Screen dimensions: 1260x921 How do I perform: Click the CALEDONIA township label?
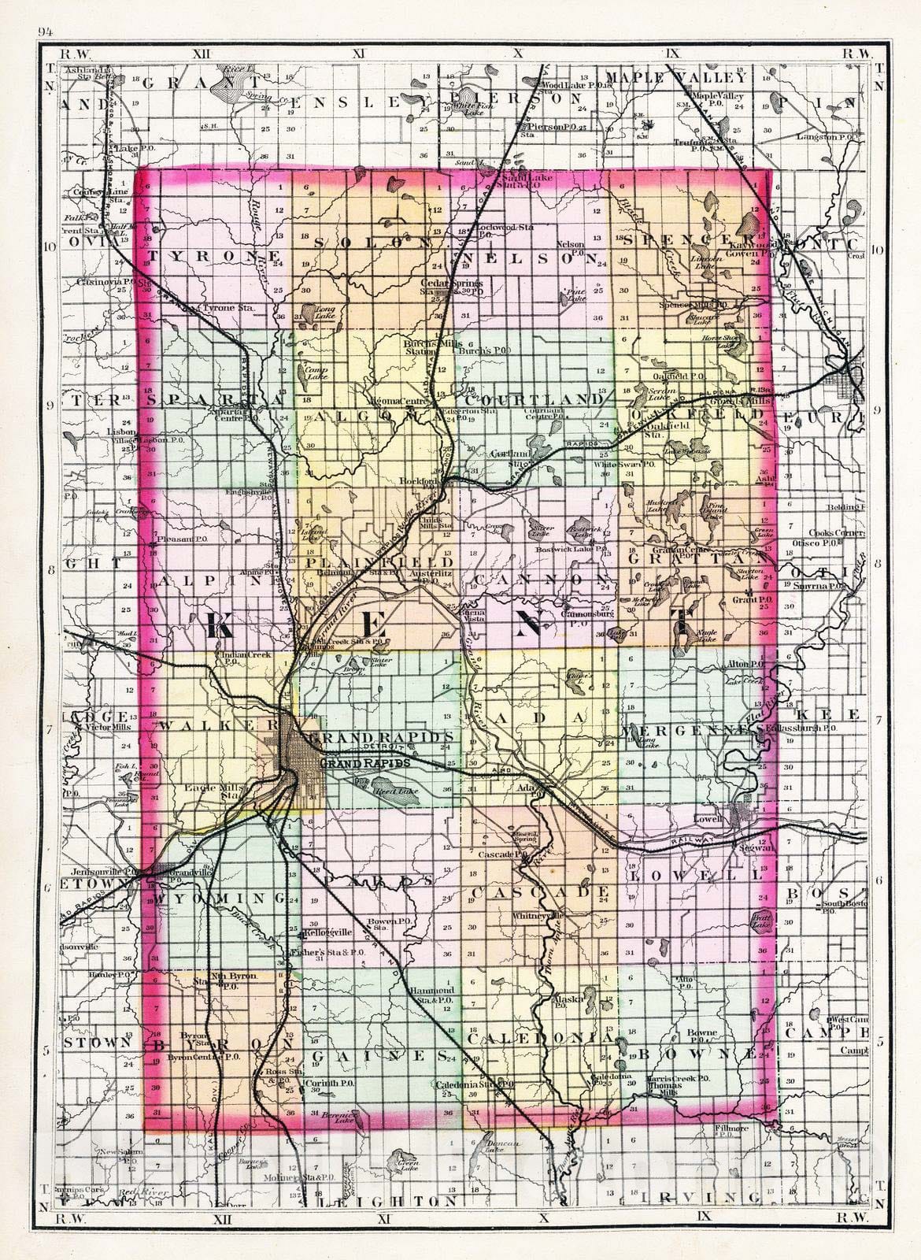point(539,1039)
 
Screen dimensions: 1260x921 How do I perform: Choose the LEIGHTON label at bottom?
point(394,1223)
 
